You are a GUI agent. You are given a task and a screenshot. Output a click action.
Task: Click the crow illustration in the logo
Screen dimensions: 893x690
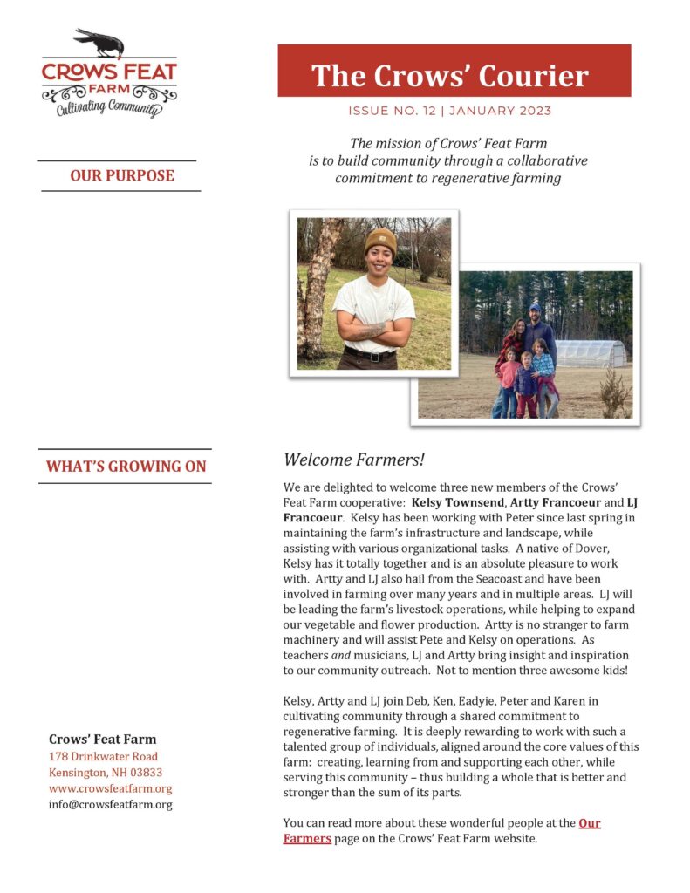click(99, 42)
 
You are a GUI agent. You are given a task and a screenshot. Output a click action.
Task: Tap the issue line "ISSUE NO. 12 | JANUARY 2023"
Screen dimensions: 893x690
click(450, 111)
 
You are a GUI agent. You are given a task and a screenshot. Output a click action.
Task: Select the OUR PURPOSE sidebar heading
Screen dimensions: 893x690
click(122, 175)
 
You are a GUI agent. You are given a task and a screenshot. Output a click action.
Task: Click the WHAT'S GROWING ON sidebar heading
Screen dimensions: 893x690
click(126, 467)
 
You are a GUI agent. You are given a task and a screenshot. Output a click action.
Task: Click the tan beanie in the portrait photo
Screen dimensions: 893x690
click(379, 240)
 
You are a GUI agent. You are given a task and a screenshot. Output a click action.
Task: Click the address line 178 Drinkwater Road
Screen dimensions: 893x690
click(103, 756)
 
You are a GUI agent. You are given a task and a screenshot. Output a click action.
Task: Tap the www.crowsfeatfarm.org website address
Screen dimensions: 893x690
click(110, 788)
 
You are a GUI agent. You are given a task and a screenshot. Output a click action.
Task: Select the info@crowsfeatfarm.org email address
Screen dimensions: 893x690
click(110, 804)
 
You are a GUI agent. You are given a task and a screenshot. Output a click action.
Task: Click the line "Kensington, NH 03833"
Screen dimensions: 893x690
click(105, 773)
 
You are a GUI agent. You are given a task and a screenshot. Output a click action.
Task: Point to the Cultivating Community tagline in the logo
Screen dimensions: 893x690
click(108, 108)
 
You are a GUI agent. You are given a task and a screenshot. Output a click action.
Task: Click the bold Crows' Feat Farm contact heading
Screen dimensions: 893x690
click(102, 739)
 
